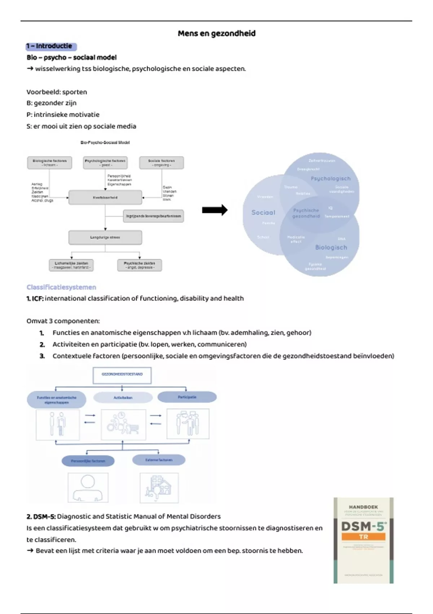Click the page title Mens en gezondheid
tap(216, 34)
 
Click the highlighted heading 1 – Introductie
tap(51, 46)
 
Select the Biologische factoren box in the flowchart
tap(49, 163)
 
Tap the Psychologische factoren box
tap(105, 163)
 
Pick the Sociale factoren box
tap(161, 163)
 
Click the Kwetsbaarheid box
tap(105, 198)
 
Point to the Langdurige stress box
tap(105, 237)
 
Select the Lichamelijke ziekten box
tap(71, 265)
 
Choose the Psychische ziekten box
tap(139, 265)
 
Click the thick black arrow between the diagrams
tap(215, 210)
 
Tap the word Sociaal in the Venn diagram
tap(263, 213)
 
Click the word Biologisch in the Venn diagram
tap(331, 247)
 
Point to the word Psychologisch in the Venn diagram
tap(331, 178)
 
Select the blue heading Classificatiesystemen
tap(61, 287)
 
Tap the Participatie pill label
tap(187, 397)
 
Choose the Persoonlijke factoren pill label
tap(88, 461)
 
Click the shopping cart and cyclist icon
tap(123, 424)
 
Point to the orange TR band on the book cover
tap(363, 537)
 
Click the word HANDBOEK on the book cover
tap(363, 507)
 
